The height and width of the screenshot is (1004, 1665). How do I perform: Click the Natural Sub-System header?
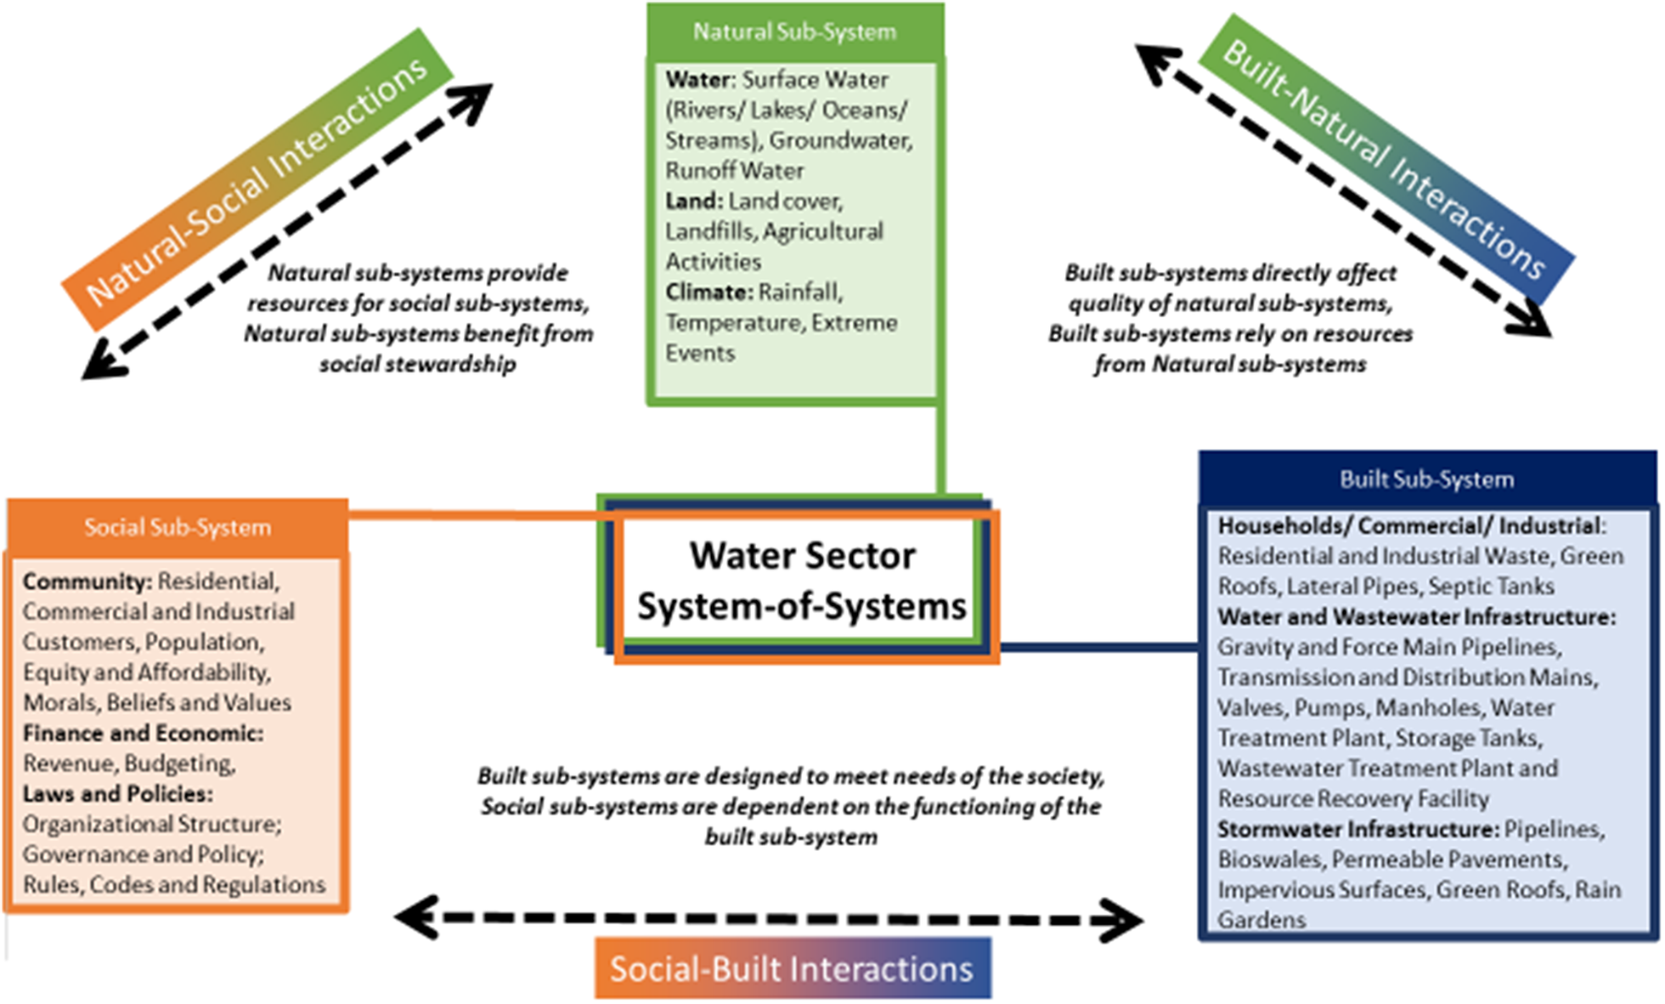(794, 32)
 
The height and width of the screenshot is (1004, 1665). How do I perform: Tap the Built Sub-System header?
(1426, 479)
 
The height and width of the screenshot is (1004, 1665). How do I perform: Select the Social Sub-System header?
(178, 528)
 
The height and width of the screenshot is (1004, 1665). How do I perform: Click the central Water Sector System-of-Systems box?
(801, 581)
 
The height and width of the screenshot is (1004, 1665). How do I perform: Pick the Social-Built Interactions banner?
(792, 969)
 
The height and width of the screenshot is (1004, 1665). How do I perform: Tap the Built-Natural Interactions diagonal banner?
(1385, 161)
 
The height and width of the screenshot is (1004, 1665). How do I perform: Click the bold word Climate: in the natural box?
(709, 292)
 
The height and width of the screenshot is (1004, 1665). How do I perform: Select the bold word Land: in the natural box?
(694, 201)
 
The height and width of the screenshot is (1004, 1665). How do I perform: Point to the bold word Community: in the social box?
(87, 581)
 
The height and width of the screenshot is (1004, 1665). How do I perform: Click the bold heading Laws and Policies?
(117, 794)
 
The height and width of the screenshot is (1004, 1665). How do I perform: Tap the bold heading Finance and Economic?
(143, 734)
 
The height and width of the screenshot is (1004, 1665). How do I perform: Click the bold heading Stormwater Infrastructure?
(1358, 829)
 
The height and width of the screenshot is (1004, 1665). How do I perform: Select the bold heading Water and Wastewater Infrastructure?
(1416, 616)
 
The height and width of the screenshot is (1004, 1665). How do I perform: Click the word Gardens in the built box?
(1261, 920)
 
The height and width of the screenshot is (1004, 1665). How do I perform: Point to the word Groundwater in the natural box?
(840, 140)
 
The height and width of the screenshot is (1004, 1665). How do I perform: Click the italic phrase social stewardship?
(417, 365)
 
